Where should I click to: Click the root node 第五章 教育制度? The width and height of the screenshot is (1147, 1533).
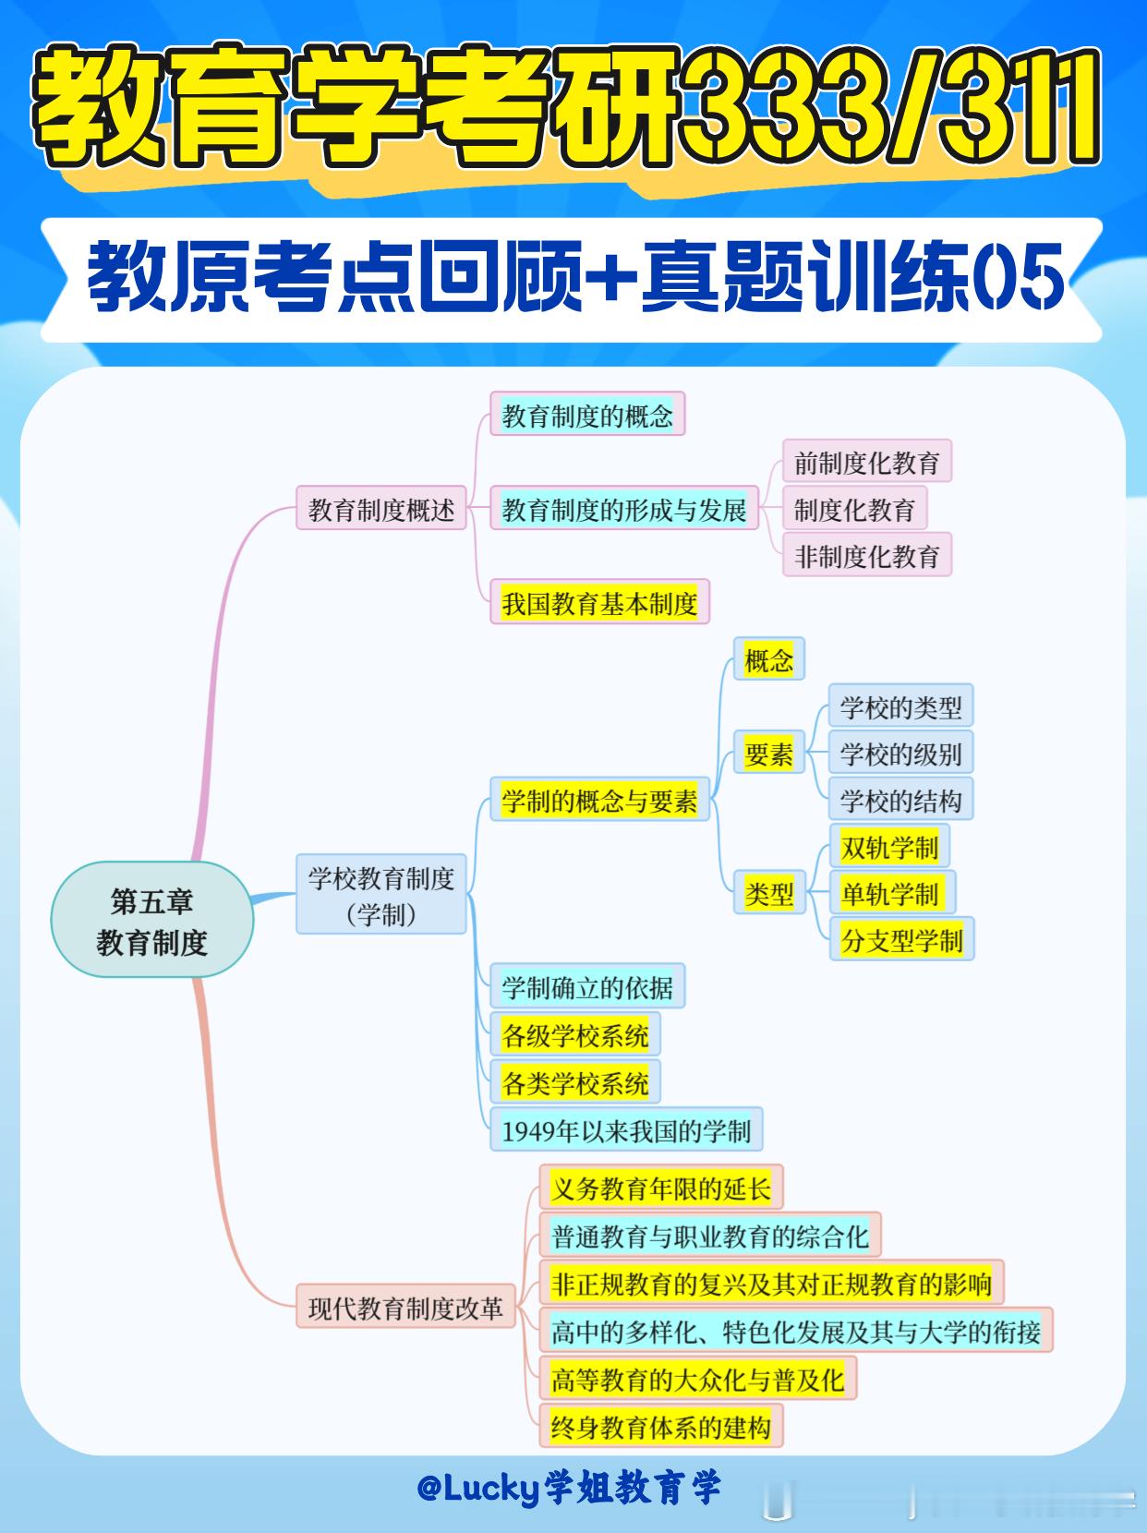(151, 921)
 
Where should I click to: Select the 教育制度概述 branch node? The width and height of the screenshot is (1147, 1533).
(380, 510)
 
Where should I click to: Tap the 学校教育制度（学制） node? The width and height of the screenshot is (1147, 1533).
(380, 895)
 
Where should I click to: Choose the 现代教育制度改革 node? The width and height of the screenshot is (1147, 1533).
(405, 1308)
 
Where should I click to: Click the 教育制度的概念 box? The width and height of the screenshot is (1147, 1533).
(587, 416)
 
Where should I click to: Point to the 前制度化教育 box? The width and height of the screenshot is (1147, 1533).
(866, 463)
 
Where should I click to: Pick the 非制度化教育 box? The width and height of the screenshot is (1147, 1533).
(866, 557)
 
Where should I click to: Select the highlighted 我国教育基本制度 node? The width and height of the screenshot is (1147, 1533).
(599, 604)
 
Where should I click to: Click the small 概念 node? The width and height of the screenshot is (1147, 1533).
(768, 660)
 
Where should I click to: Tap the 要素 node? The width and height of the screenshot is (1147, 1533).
(768, 754)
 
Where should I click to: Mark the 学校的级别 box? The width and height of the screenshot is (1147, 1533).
(900, 754)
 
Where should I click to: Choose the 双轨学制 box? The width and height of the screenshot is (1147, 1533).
(889, 847)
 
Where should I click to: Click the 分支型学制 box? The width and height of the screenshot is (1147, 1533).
(901, 941)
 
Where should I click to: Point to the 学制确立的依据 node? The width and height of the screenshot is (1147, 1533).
(586, 988)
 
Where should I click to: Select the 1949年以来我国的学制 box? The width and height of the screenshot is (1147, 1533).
(625, 1130)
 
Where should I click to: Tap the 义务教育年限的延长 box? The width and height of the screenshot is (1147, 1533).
(660, 1189)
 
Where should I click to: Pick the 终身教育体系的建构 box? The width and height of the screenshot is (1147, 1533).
(660, 1428)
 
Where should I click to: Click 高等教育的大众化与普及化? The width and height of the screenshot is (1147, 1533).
(697, 1380)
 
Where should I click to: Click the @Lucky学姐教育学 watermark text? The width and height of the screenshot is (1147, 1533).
(568, 1488)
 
